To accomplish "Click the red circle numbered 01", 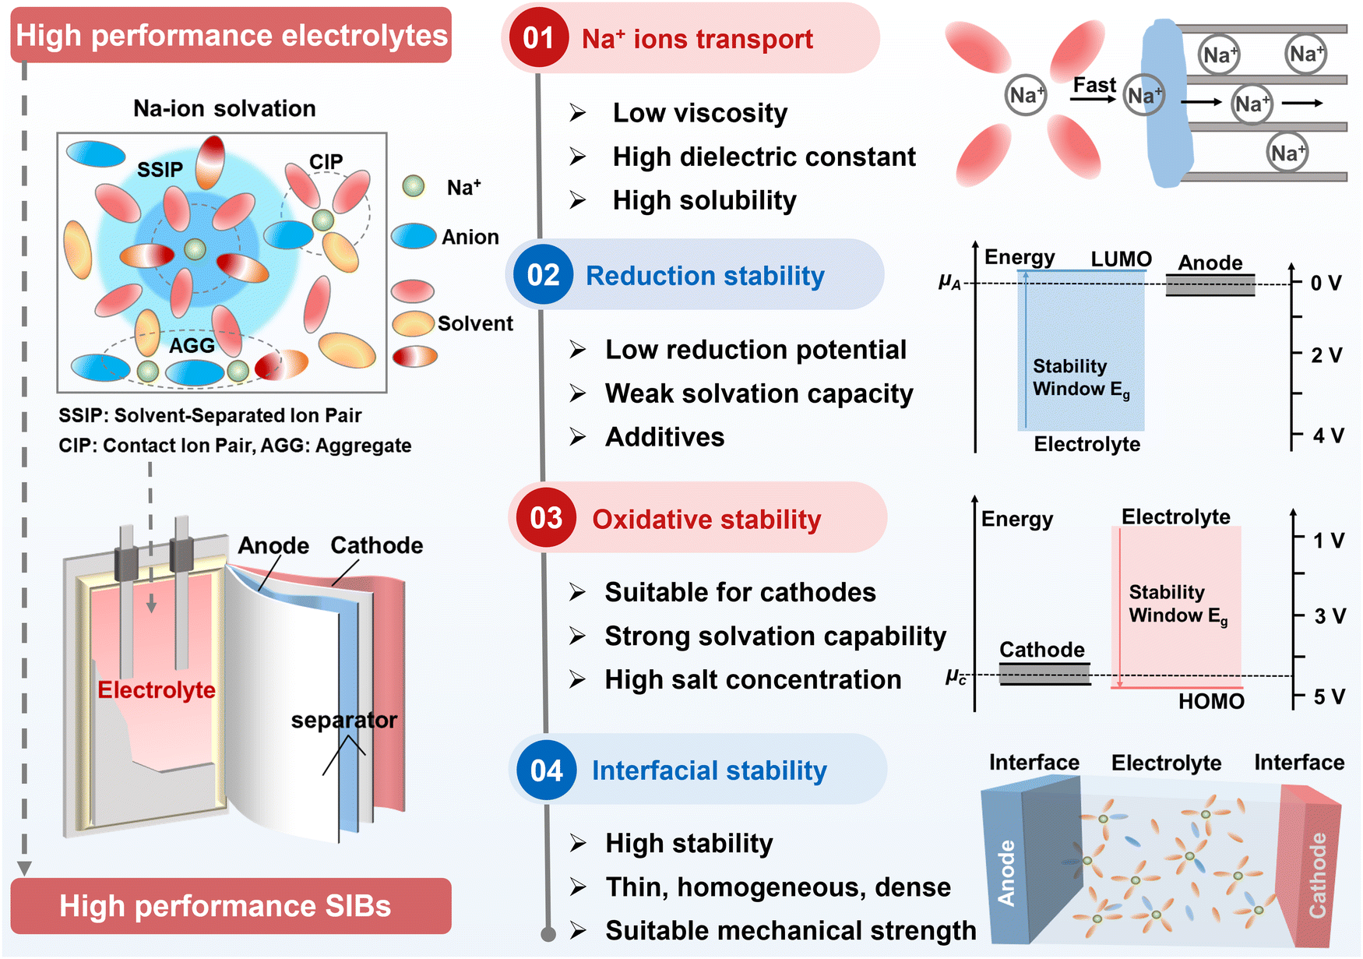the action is pos(538,37).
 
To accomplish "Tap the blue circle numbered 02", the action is pos(543,275).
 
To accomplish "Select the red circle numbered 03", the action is pos(546,518).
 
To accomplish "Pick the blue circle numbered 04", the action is pos(546,770).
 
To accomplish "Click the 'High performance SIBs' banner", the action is pos(231,906).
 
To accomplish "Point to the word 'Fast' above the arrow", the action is pos(1094,85).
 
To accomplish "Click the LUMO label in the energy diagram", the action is pos(1121,259).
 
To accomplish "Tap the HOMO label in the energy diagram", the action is pos(1211,701).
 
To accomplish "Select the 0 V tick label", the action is pos(1326,283).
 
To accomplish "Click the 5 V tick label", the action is pos(1329,696).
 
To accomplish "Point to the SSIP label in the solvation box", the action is pos(160,169).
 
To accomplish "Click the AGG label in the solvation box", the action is pos(192,345).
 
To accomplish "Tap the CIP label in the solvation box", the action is pos(326,161).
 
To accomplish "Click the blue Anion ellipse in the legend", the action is pos(414,236).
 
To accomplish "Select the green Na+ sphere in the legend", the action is pos(414,185).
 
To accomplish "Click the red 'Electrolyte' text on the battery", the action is pos(157,689).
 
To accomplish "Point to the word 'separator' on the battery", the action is pos(343,720).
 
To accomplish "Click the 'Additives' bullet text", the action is pos(665,437).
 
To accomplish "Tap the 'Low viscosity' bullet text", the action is pos(700,113).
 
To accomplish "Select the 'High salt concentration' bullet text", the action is pos(753,680).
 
